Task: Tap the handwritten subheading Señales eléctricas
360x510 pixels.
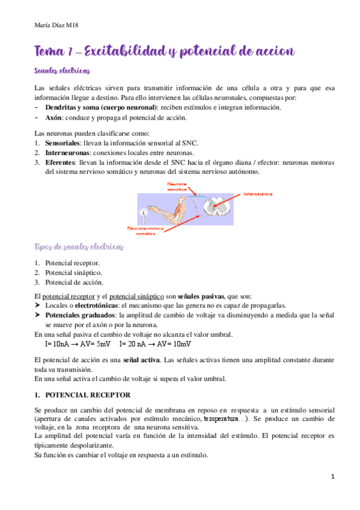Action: point(63,71)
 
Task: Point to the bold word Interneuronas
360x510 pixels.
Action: point(67,153)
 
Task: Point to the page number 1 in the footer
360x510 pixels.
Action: point(332,477)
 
